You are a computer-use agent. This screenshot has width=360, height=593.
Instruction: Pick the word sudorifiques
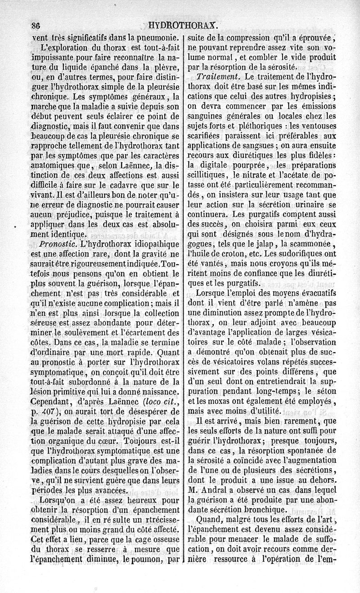[307, 254]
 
